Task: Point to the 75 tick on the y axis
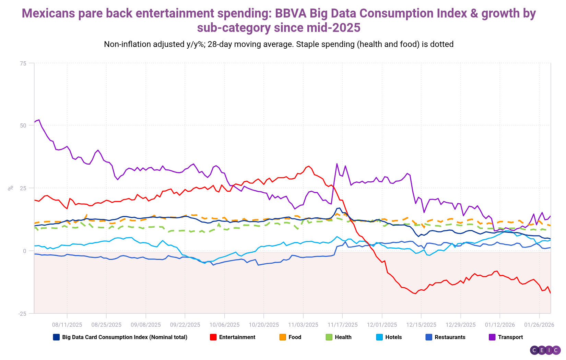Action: [23, 63]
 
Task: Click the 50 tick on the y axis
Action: [23, 125]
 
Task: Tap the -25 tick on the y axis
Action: [22, 314]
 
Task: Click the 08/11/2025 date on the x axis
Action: [67, 325]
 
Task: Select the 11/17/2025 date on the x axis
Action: [342, 325]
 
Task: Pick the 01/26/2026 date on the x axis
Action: [539, 325]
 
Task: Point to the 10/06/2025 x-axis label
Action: [224, 325]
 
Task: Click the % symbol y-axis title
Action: [11, 188]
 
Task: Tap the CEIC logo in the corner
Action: [545, 350]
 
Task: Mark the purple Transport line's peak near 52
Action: [39, 120]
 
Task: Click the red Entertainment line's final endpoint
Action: [550, 293]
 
